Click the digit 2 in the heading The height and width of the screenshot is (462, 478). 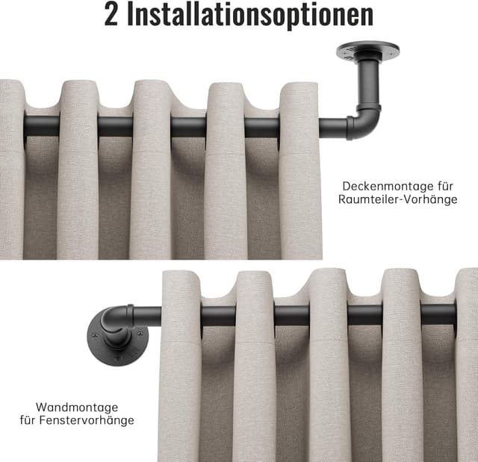coord(111,14)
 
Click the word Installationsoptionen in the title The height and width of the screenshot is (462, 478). coord(250,15)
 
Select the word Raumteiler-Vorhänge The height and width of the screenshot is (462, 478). coord(398,199)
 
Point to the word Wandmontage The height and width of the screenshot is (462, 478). coord(77,408)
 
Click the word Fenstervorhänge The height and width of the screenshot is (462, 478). coord(87,420)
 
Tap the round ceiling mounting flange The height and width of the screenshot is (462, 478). coord(368,51)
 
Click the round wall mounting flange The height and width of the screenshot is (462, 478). coord(118,344)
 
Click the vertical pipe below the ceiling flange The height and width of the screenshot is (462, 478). coord(369,83)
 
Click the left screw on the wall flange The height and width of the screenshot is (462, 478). coord(95,336)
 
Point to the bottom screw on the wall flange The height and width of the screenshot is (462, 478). coord(119,355)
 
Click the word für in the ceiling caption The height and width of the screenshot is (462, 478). coord(445,186)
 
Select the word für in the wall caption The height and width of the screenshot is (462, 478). coord(28,420)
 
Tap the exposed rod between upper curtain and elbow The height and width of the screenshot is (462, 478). coord(333,128)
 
